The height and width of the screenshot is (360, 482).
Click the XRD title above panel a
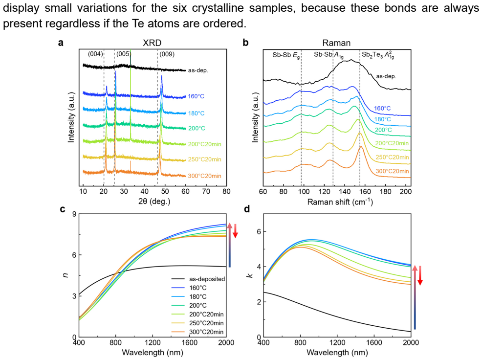pos(152,43)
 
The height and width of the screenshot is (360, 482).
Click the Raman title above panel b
pos(336,43)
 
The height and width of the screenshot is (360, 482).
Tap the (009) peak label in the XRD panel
pos(167,54)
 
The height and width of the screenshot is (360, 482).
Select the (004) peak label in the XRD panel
pos(95,54)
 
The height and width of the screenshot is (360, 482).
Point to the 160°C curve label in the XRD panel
pos(196,96)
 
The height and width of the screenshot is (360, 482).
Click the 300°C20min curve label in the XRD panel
pos(205,176)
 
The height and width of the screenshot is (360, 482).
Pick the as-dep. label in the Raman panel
pos(386,76)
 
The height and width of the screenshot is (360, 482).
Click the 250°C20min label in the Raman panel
pos(392,157)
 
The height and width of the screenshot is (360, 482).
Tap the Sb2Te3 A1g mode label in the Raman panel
pos(378,55)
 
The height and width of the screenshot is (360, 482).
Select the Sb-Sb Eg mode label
pos(286,55)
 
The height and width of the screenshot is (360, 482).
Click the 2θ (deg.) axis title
pos(154,202)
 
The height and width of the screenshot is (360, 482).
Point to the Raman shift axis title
pos(340,202)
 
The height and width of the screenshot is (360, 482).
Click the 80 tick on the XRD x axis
pos(226,191)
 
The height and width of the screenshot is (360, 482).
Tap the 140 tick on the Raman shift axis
pos(345,191)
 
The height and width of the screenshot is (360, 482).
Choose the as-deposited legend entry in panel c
pos(198,279)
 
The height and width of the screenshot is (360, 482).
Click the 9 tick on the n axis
pos(74,214)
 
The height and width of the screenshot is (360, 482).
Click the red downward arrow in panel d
pos(420,275)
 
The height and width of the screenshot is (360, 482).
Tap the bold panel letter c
pos(63,209)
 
